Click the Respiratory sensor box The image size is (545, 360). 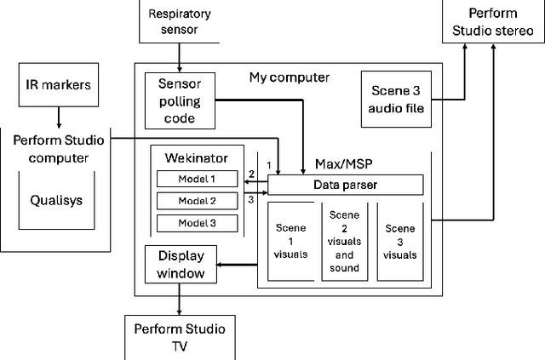tap(179, 20)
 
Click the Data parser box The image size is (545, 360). tap(345, 185)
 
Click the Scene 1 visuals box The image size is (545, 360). tap(291, 241)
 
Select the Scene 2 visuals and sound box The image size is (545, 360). tap(345, 241)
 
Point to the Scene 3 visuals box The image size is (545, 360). tap(400, 241)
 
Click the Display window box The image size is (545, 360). tap(181, 265)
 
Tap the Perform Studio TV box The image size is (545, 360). tap(179, 336)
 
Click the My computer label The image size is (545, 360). tap(290, 77)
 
